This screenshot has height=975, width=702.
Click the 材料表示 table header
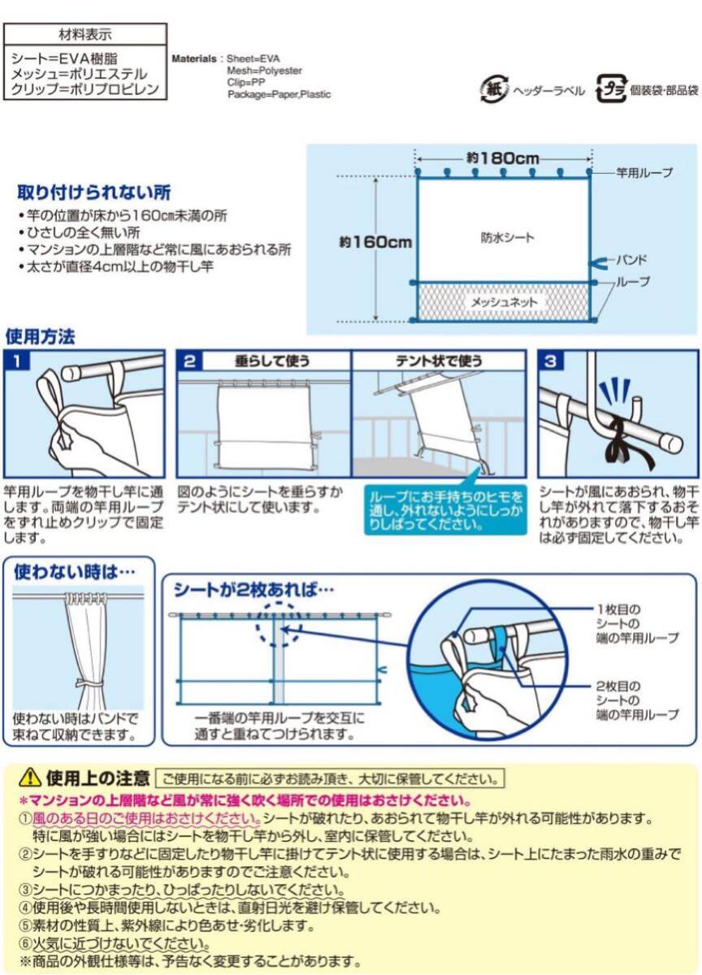(x=85, y=34)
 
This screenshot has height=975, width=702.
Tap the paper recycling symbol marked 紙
(x=494, y=89)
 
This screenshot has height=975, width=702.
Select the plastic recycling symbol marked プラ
(x=611, y=89)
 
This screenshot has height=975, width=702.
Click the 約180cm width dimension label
(x=503, y=158)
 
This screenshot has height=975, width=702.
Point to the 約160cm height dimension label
(x=375, y=241)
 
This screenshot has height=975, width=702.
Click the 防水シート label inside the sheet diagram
(x=508, y=237)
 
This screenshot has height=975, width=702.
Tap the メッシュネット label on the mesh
(x=504, y=302)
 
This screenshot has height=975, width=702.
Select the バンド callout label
(x=632, y=260)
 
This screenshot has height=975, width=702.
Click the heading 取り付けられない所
(x=94, y=193)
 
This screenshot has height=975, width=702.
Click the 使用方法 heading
(x=40, y=336)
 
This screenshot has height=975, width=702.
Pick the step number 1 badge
(x=17, y=361)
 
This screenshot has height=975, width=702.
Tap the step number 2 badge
(x=190, y=362)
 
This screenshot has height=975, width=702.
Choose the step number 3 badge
(x=551, y=362)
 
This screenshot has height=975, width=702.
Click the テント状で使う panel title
(x=439, y=361)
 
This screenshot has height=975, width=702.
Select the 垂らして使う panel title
(x=272, y=361)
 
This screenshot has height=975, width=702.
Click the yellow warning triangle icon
(x=30, y=778)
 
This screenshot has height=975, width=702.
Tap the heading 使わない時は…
(x=74, y=571)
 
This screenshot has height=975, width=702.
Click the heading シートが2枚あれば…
(x=253, y=590)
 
